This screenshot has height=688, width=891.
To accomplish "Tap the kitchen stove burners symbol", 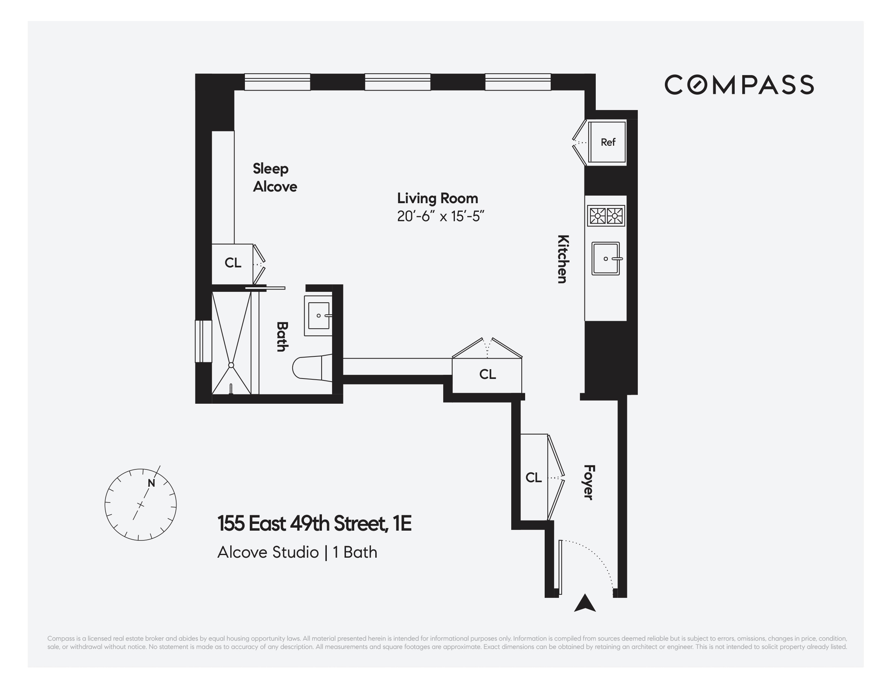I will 606,215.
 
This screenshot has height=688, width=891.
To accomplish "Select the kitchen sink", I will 606,258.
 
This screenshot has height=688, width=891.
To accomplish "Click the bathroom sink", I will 318,316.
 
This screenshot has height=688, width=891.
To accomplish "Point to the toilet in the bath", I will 312,368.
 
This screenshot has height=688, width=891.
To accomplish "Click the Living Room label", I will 437,198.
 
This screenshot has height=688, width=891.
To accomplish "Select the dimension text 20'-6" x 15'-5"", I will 440,216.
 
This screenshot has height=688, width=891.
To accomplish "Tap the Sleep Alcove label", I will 275,177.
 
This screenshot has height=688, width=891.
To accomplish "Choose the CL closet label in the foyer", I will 533,477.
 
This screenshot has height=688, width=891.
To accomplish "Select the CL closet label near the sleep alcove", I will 233,263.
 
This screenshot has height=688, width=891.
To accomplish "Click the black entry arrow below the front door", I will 584,603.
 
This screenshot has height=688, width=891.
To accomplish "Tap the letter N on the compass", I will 151,483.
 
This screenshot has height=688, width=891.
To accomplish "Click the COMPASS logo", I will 739,85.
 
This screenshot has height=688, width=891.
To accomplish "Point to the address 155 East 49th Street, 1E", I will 314,524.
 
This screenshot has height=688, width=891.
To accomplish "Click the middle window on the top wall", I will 397,82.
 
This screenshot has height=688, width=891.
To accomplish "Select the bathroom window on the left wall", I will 203,341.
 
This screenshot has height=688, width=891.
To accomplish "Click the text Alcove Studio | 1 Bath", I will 297,552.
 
